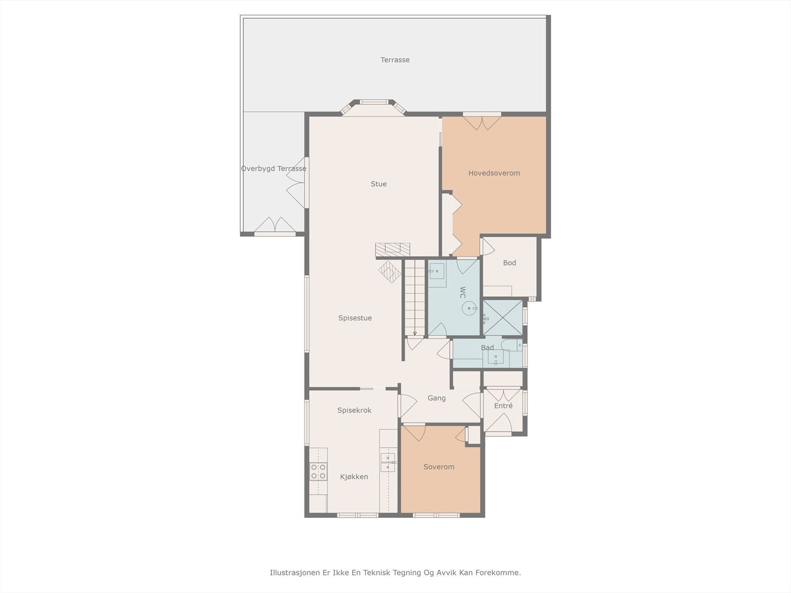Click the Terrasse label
pyautogui.click(x=395, y=60)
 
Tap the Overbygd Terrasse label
pyautogui.click(x=273, y=169)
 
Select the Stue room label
pyautogui.click(x=378, y=184)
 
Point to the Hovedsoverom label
pyautogui.click(x=494, y=173)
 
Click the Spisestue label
pyautogui.click(x=355, y=318)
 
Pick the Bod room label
pyautogui.click(x=510, y=263)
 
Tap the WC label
pyautogui.click(x=463, y=293)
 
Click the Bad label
pyautogui.click(x=487, y=347)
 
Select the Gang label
pyautogui.click(x=437, y=398)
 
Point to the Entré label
pyautogui.click(x=503, y=406)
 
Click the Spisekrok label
pyautogui.click(x=354, y=411)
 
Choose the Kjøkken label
pyautogui.click(x=354, y=477)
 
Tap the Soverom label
pyautogui.click(x=439, y=467)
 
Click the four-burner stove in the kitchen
pyautogui.click(x=318, y=471)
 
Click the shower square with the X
pyautogui.click(x=503, y=318)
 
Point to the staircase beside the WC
pyautogui.click(x=415, y=297)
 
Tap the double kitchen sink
pyautogui.click(x=388, y=463)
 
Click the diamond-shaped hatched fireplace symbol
pyautogui.click(x=390, y=272)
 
